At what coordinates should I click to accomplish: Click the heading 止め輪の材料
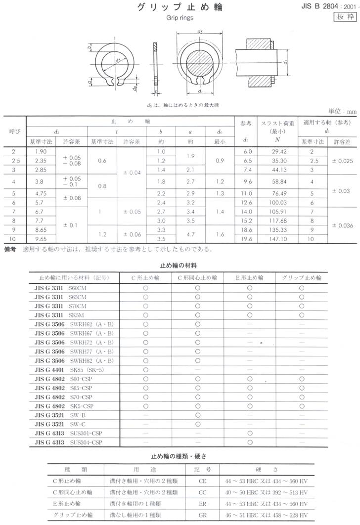[x=180, y=265]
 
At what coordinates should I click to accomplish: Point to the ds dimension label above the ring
[x=200, y=31]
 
